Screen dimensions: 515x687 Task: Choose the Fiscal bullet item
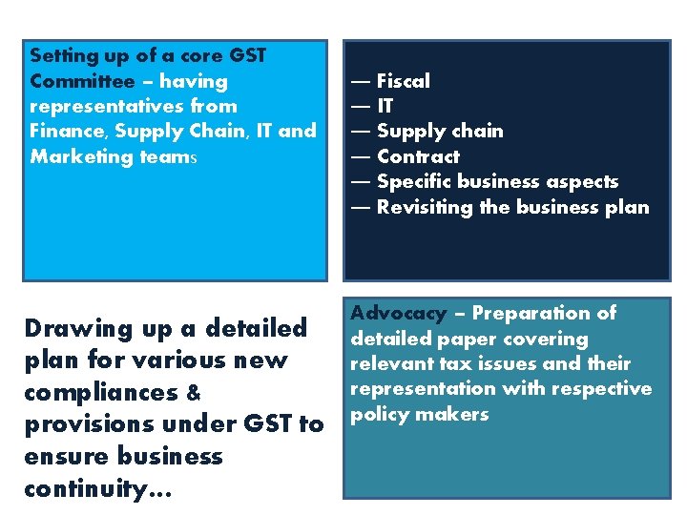403,81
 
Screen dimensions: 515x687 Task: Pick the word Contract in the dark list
418,156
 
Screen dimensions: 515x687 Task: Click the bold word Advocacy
398,313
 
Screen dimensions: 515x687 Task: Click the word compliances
100,393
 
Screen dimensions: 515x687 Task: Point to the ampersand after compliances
192,393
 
